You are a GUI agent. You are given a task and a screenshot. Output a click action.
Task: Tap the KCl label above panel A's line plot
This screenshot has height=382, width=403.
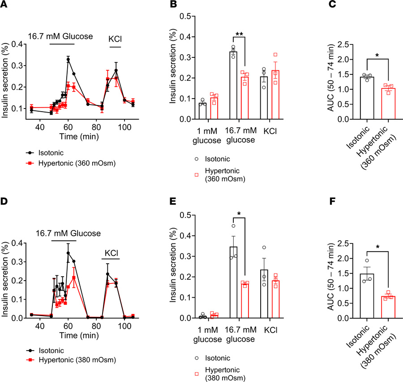pos(116,39)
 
